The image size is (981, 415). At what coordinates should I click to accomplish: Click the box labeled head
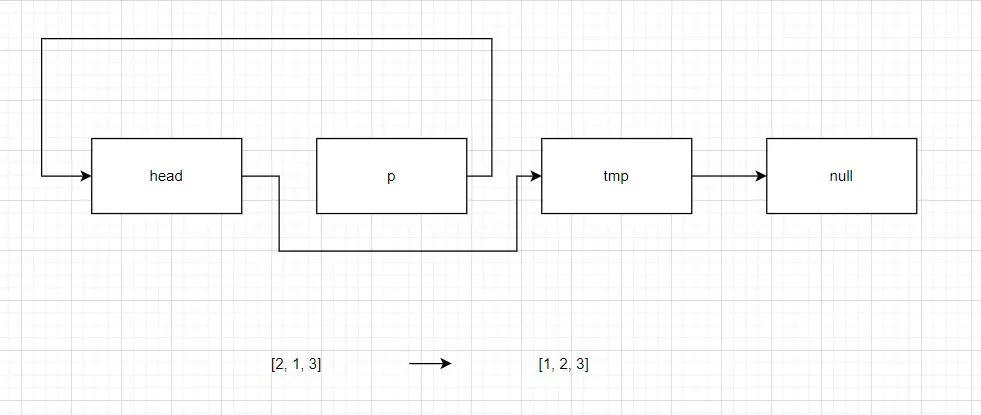tap(166, 176)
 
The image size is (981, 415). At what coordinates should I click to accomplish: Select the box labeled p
tap(392, 176)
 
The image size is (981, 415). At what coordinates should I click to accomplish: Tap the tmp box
tap(616, 176)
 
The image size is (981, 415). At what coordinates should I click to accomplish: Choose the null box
tap(841, 176)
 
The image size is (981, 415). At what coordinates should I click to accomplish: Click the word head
tap(166, 176)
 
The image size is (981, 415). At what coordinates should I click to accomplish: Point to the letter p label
tap(392, 177)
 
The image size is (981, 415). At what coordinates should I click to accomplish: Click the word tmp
tap(616, 177)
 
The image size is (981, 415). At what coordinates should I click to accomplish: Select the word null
tap(841, 176)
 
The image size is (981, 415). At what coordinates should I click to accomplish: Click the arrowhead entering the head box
tap(86, 176)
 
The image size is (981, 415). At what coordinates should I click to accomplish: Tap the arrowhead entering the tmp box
tap(536, 176)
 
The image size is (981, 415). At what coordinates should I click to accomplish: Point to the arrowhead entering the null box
tap(761, 176)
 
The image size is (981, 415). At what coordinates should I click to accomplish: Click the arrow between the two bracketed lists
tap(430, 364)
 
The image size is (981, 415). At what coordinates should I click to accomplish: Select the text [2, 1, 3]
tap(297, 364)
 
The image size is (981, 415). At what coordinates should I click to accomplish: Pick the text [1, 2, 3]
tap(564, 364)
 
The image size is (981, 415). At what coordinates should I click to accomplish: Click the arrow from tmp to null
tap(729, 176)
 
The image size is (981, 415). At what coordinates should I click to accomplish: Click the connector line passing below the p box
tap(398, 251)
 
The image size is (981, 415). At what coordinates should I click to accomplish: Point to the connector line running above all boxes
tap(267, 39)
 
